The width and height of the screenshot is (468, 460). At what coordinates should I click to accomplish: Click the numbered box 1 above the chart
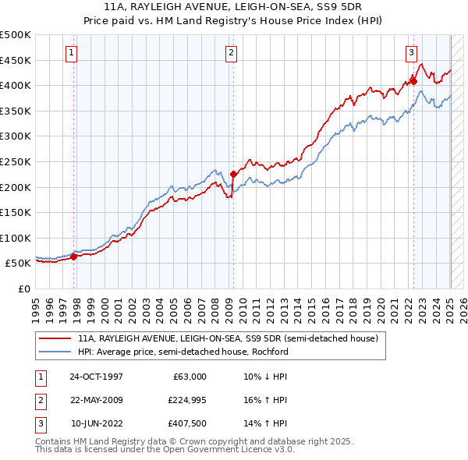(71, 53)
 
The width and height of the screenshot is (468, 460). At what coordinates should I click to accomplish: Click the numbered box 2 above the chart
(232, 53)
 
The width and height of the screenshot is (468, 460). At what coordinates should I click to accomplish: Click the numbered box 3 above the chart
(410, 53)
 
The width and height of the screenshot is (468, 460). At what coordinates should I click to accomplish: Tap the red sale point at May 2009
(233, 174)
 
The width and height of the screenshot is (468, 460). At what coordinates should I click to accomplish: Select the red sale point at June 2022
(413, 80)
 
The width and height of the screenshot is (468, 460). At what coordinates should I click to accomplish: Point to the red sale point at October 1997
(74, 256)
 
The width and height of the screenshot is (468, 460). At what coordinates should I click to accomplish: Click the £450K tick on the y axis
(16, 60)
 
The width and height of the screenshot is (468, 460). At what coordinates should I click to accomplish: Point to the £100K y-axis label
(16, 238)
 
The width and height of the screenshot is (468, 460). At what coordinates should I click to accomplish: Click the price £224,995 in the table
(185, 400)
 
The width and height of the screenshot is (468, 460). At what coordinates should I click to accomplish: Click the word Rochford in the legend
(269, 351)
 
